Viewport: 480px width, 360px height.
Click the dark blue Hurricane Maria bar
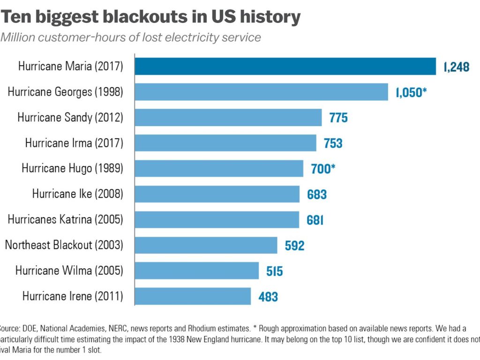[x=285, y=67]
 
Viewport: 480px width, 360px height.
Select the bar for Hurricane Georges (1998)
[x=261, y=92]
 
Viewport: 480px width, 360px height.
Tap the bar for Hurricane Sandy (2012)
[x=228, y=117]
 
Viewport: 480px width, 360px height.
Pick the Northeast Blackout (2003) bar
[x=206, y=245]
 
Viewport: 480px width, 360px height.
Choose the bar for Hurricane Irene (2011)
[x=193, y=296]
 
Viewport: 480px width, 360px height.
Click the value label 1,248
[x=456, y=67]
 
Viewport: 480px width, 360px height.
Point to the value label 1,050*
[x=411, y=92]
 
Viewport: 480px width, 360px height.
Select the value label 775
[x=338, y=118]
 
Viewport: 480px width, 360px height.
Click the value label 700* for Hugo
[x=323, y=169]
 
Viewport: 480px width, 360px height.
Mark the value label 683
[x=316, y=194]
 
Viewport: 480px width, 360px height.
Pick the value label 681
[x=315, y=220]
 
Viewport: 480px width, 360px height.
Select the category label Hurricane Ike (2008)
[x=77, y=194]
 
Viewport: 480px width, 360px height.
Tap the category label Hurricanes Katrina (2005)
[x=66, y=219]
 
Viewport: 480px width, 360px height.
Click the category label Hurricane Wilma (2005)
[x=69, y=270]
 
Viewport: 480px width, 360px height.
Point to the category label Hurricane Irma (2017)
[x=74, y=143]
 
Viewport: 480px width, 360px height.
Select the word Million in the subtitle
[x=19, y=37]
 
